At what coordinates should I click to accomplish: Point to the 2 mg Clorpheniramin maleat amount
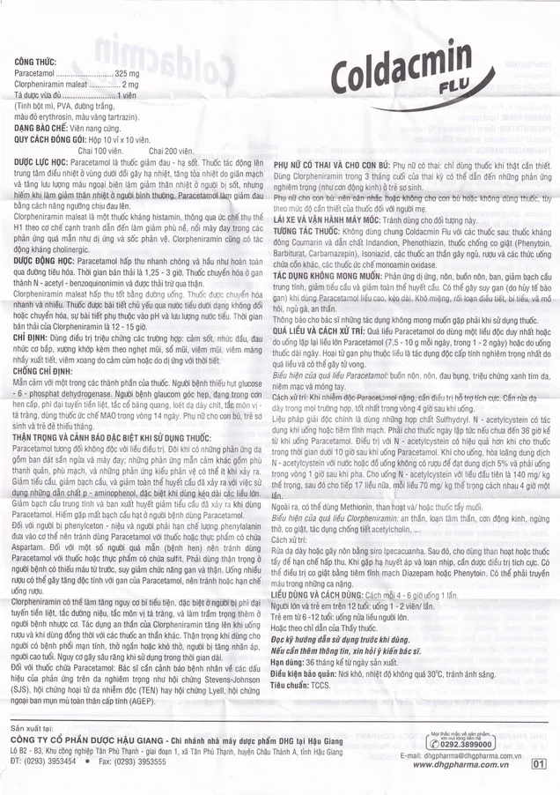point(129,105)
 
